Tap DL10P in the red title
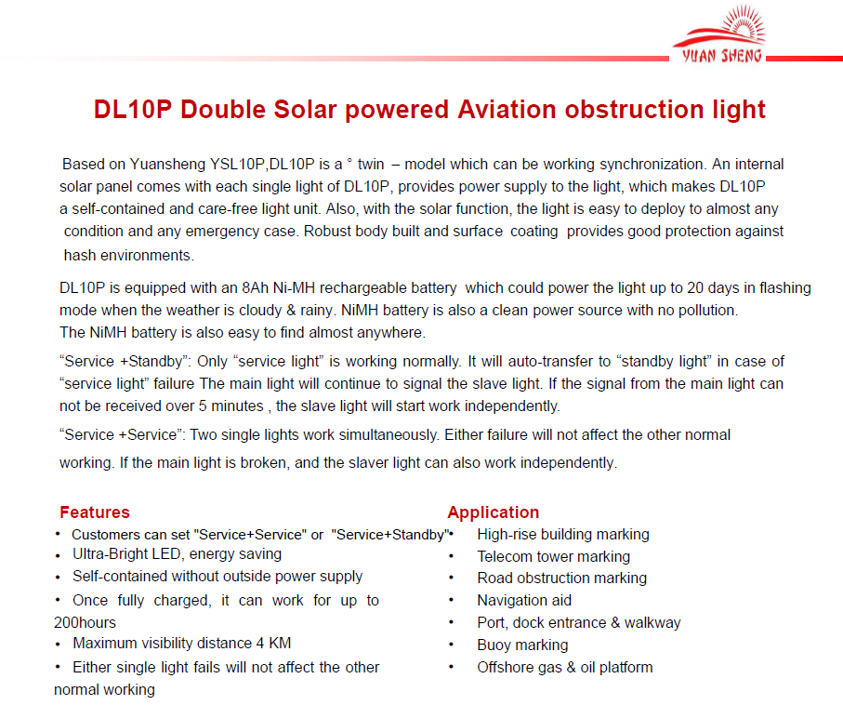pos(133,110)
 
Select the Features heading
pos(95,512)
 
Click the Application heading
pos(493,512)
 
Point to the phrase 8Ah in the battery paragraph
pos(255,288)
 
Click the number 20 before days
pos(694,288)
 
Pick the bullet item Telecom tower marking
pos(553,556)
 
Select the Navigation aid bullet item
pos(524,601)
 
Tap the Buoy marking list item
pos(522,645)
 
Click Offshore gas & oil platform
pos(564,667)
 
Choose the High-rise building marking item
pos(563,535)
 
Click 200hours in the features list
pos(85,622)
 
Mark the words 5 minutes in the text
pos(231,406)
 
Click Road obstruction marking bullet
pos(561,578)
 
